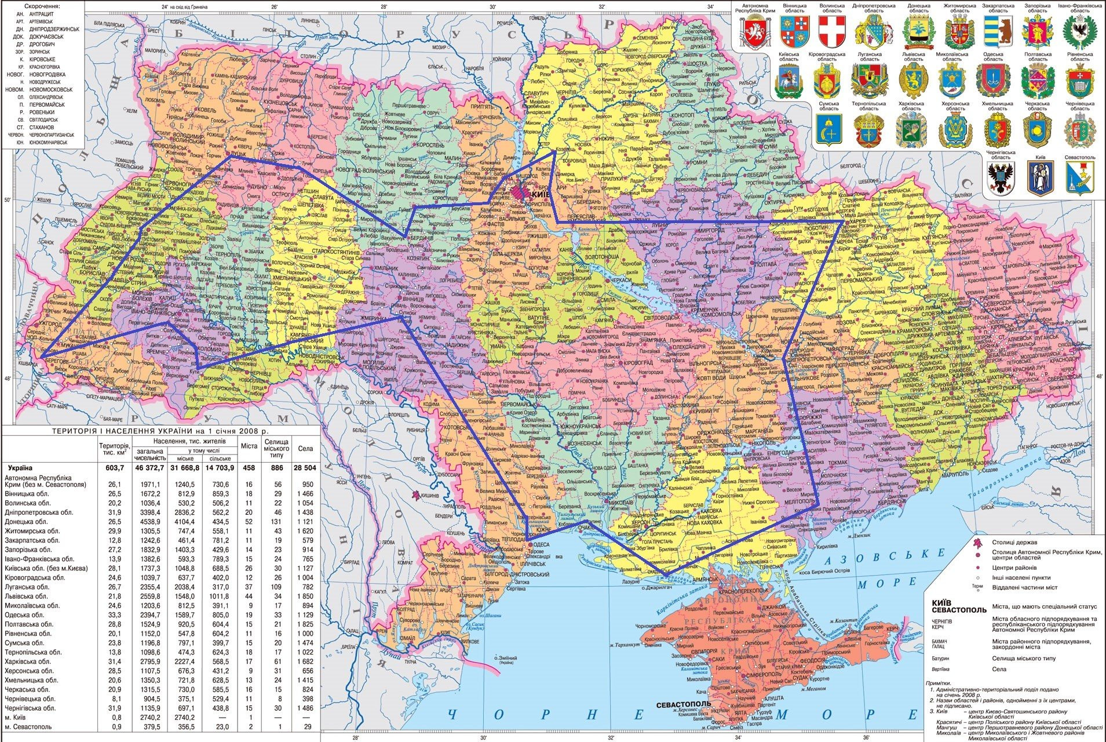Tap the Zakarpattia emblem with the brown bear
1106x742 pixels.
point(997,31)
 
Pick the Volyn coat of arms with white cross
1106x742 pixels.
point(831,31)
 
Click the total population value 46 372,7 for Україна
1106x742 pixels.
point(149,467)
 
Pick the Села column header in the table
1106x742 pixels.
point(305,448)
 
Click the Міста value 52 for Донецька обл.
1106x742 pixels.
point(249,522)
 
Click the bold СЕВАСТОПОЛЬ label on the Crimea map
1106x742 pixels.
point(684,704)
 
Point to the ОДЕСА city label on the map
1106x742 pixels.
point(541,544)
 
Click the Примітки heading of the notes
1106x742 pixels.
point(941,683)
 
